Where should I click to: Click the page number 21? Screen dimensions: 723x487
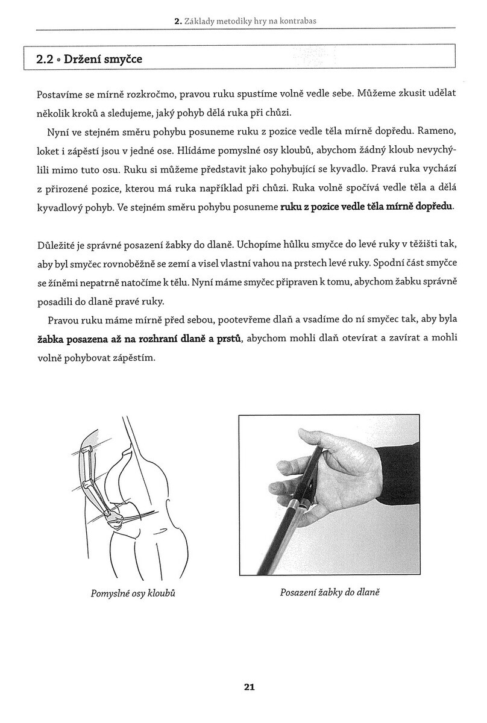(x=250, y=686)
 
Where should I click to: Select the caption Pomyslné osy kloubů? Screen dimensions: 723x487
(x=137, y=593)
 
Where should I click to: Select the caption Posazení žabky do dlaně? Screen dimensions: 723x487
(x=330, y=592)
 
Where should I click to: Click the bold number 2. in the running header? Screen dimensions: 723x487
(x=178, y=22)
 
